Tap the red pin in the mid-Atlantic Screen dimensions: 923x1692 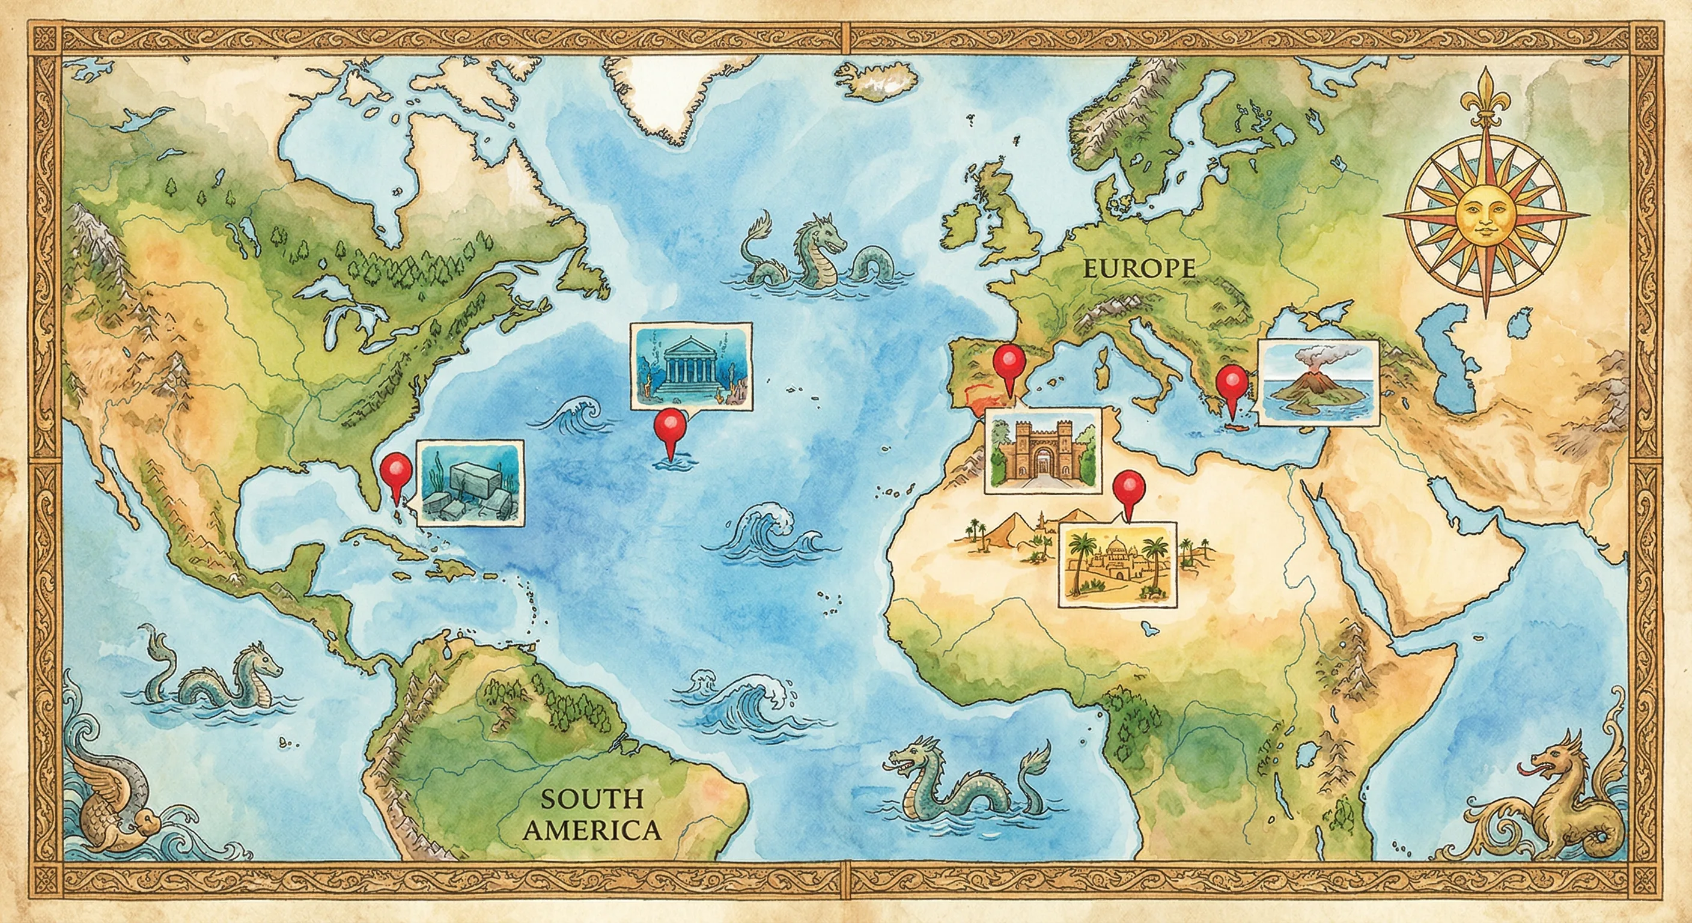[670, 428]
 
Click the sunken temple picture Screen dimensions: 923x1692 [692, 367]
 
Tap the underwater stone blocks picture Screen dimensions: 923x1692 [471, 482]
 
